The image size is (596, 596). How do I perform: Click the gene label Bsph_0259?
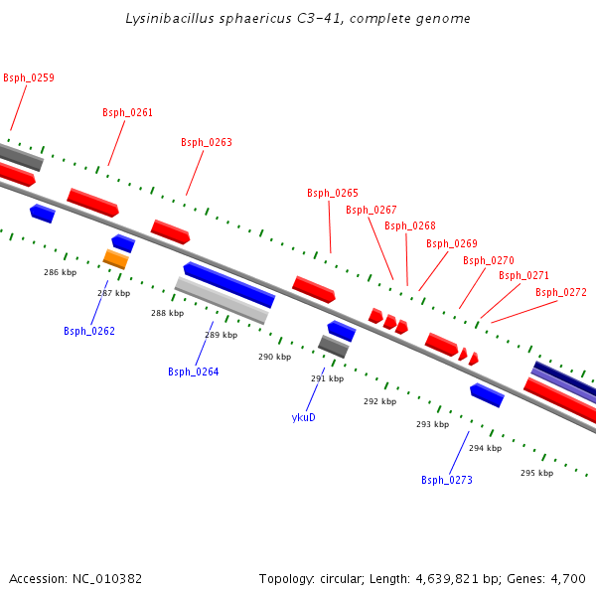click(29, 77)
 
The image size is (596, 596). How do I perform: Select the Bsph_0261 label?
click(128, 112)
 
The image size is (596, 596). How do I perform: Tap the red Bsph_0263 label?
click(207, 142)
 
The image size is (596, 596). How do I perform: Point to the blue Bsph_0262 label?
click(89, 331)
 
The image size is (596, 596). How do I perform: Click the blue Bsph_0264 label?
click(194, 372)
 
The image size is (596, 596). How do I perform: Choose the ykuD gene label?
click(303, 417)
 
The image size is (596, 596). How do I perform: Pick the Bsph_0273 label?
click(447, 480)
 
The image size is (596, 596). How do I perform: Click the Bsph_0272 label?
click(561, 292)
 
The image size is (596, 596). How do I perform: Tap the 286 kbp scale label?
click(60, 272)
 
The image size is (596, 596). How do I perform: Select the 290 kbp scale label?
click(275, 357)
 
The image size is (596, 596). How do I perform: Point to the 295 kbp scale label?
click(537, 473)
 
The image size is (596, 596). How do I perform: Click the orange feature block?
click(116, 259)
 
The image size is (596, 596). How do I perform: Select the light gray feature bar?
click(222, 301)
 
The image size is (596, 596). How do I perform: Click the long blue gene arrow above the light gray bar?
click(229, 285)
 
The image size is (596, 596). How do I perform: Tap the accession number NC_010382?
click(107, 579)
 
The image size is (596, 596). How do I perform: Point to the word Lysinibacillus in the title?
click(170, 19)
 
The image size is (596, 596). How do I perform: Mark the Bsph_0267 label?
click(372, 210)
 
